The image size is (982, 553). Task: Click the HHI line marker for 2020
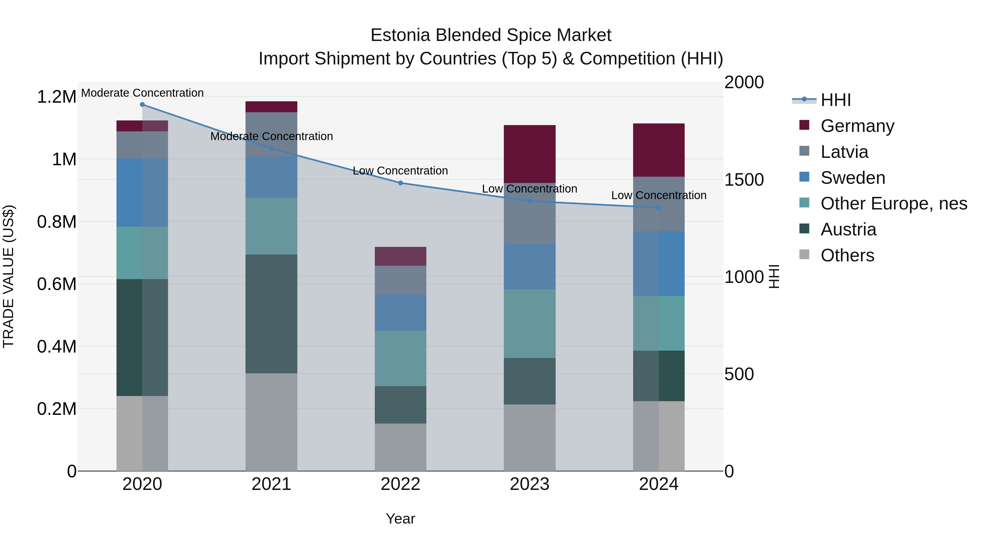click(x=142, y=104)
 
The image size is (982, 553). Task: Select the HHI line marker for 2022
click(x=400, y=183)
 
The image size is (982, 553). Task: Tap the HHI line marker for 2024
click(x=659, y=208)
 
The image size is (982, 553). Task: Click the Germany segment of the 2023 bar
click(x=529, y=154)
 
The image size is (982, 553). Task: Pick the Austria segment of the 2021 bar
click(x=271, y=314)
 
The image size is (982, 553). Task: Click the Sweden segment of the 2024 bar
click(x=659, y=263)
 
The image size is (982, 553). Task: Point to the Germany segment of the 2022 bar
click(x=400, y=256)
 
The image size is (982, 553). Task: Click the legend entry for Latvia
click(x=844, y=152)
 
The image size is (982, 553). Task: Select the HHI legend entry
click(x=835, y=100)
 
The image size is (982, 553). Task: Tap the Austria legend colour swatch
click(x=804, y=229)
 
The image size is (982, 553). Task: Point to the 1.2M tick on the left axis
click(x=56, y=97)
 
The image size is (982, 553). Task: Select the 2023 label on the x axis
click(x=529, y=484)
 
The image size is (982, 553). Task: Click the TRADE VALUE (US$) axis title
click(x=8, y=276)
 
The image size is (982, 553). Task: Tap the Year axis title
click(x=400, y=519)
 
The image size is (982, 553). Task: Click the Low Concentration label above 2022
click(x=400, y=171)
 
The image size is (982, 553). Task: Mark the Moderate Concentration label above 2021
click(x=271, y=136)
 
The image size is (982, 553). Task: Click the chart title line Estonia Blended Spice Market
click(x=491, y=35)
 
